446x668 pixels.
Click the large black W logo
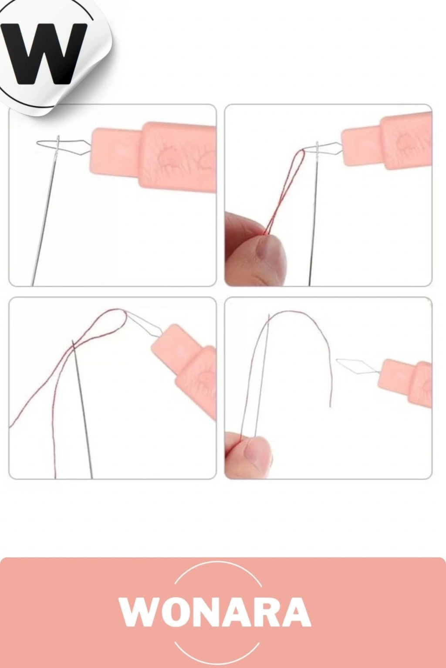(x=44, y=53)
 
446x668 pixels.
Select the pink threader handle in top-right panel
(x=387, y=143)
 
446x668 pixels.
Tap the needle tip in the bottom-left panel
(x=73, y=340)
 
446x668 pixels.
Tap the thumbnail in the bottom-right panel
(x=250, y=453)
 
